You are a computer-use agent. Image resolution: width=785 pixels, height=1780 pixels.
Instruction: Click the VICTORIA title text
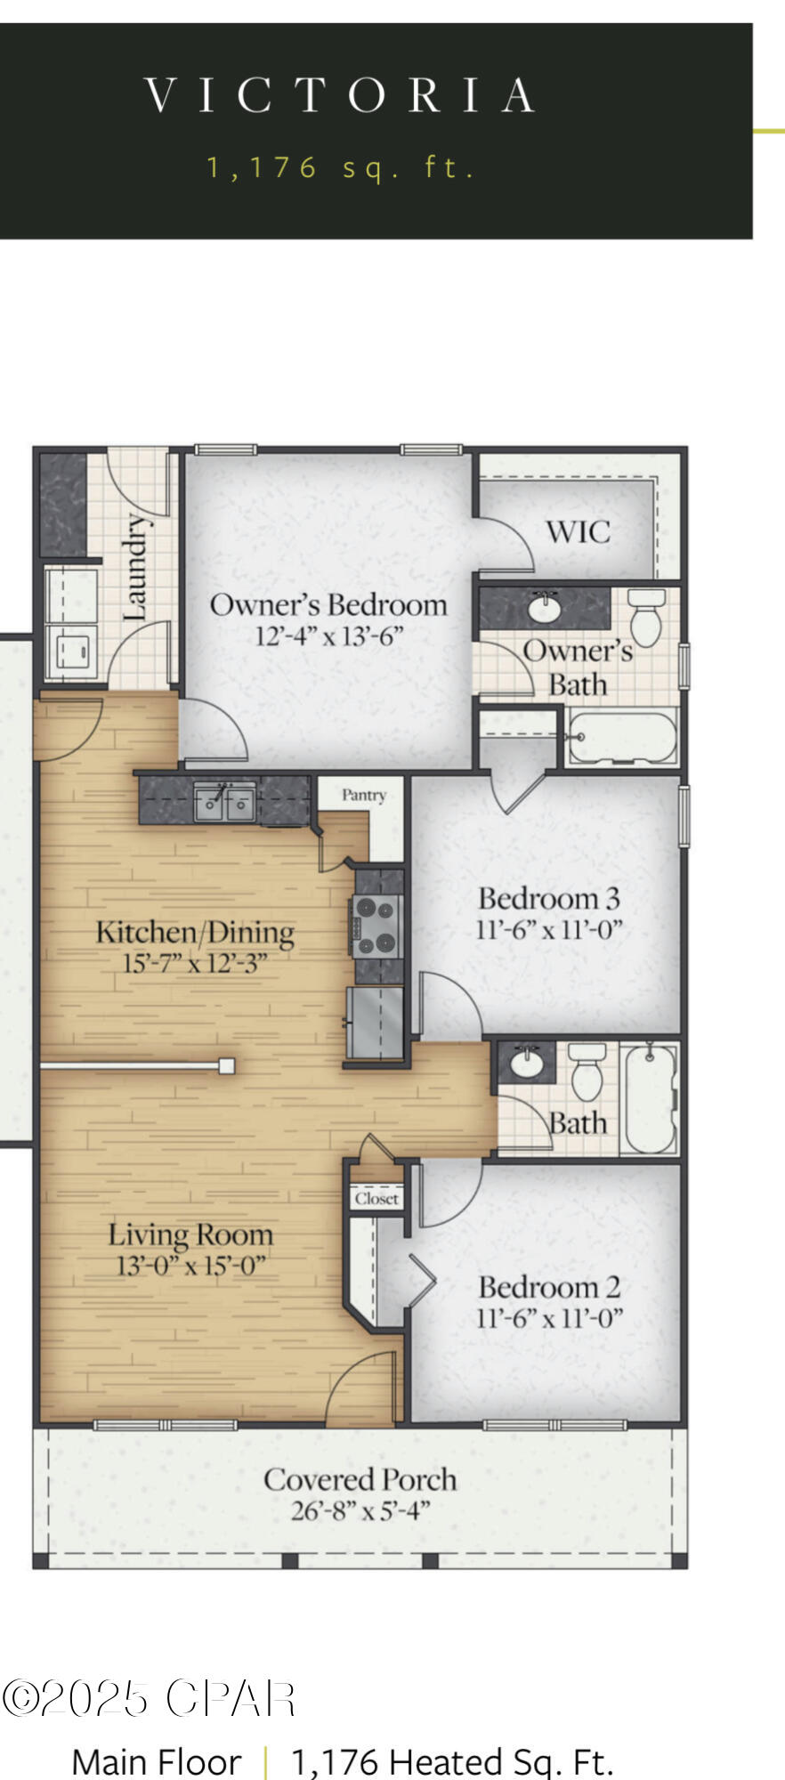coord(339,95)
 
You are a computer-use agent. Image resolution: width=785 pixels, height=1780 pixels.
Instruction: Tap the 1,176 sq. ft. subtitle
coord(341,167)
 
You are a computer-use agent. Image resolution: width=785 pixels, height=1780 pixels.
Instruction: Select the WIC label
coord(578,532)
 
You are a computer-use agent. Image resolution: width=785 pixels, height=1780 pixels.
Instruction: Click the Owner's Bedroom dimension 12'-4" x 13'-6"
coord(329,636)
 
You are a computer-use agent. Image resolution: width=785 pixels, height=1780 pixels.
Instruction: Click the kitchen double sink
coord(225,803)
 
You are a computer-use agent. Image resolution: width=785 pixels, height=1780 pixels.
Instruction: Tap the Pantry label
coord(363,795)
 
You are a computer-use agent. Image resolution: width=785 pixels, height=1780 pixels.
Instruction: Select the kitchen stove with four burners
coord(376,926)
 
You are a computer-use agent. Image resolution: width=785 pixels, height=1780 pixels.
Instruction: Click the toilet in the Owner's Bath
coord(646,616)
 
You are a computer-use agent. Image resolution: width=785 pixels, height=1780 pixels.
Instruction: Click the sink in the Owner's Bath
coord(544,609)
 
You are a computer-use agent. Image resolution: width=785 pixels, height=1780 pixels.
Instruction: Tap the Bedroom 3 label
coord(548,898)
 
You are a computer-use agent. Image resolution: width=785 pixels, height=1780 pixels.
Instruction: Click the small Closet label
coord(376,1198)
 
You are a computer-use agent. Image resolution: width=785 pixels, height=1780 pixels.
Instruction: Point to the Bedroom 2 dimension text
coord(549,1318)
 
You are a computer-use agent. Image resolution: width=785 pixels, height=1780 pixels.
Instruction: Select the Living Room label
coord(190,1234)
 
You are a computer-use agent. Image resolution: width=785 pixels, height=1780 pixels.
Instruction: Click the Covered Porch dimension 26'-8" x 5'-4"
coord(360,1510)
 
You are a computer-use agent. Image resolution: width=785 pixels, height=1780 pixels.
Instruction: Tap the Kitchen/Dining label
coord(195,932)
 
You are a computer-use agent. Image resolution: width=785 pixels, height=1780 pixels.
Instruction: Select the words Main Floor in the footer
coord(156,1761)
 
